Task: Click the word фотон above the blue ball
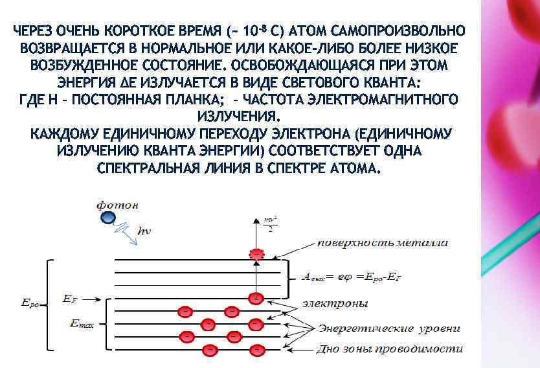[117, 205]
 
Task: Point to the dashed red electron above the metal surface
[258, 254]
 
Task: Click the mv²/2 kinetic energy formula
[269, 224]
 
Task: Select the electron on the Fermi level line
[257, 299]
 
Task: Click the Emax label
[84, 323]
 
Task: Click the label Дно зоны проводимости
[389, 349]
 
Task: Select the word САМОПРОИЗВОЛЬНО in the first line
[398, 31]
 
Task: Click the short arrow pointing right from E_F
[92, 299]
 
